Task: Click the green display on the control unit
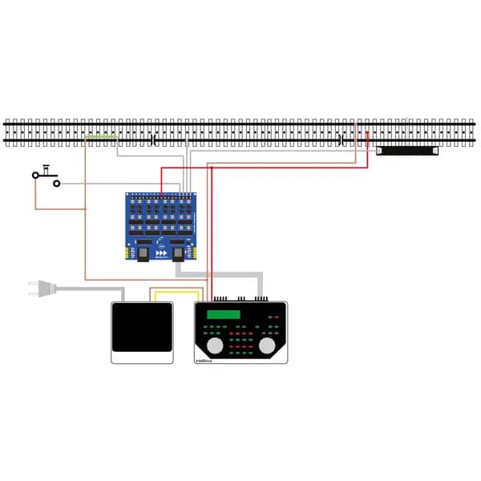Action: pos(224,314)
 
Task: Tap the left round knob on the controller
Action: pos(215,346)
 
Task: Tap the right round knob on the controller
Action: pos(267,346)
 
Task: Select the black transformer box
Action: pos(142,327)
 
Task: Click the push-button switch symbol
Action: pos(46,175)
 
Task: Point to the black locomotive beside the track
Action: pos(407,150)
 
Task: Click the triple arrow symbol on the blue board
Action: pos(161,253)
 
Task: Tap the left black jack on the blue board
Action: pos(143,254)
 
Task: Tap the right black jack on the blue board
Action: pos(180,254)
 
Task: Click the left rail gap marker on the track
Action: pos(152,139)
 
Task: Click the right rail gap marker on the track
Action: pos(342,139)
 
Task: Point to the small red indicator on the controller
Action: pos(276,317)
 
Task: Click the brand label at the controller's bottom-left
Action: pos(204,361)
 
